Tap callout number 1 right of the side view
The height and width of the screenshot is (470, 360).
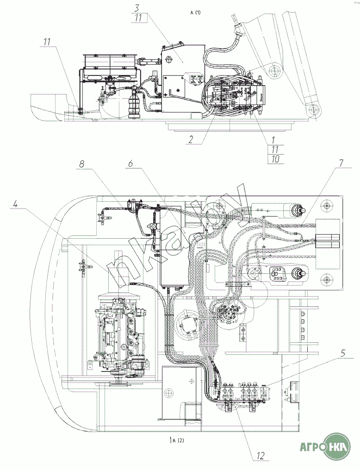(x=273, y=139)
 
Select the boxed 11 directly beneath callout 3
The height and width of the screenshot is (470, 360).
(x=138, y=19)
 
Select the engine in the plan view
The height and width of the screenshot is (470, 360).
(x=121, y=333)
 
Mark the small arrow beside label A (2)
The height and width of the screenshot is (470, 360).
(x=171, y=439)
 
